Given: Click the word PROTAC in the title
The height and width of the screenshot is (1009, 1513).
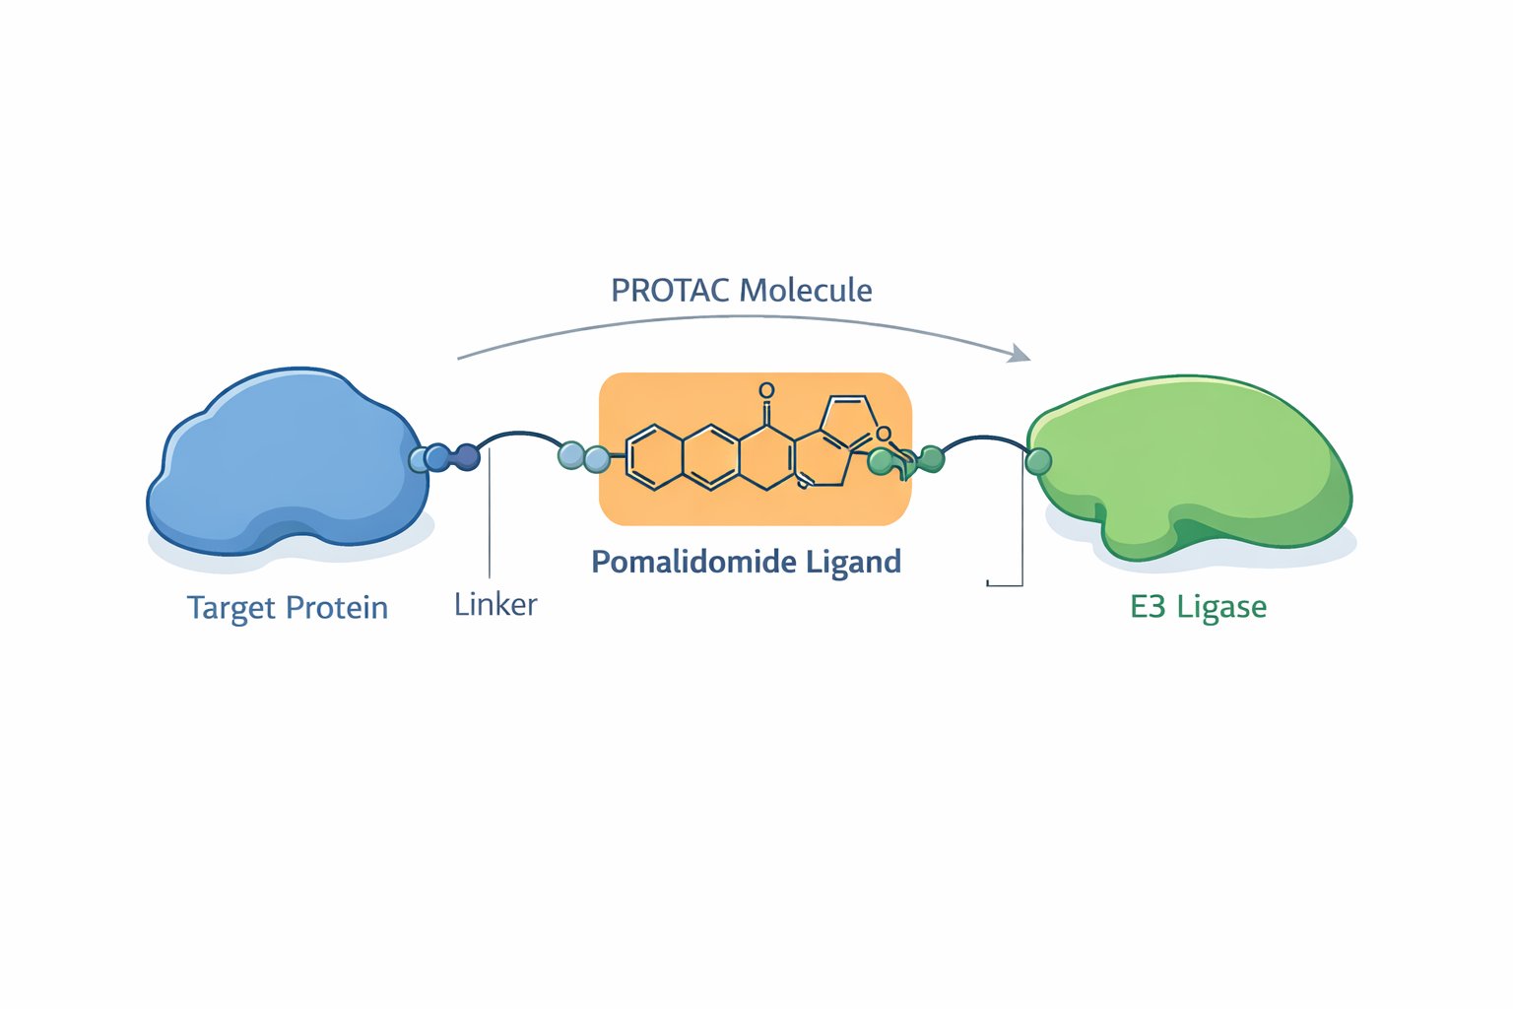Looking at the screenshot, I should (x=671, y=291).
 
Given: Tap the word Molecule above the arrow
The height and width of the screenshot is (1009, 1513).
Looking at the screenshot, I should (x=806, y=291).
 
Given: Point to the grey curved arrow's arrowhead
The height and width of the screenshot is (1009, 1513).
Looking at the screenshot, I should (x=1020, y=354).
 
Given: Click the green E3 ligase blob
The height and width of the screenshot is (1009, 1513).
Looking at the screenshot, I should (x=1192, y=463).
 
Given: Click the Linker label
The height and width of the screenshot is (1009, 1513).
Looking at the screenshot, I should (x=495, y=604).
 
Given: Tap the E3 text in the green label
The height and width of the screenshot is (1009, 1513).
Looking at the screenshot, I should (x=1148, y=606).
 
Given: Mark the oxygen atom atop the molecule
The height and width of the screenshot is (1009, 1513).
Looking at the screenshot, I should (x=766, y=391).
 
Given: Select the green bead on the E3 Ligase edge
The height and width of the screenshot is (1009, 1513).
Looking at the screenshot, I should (x=1038, y=460).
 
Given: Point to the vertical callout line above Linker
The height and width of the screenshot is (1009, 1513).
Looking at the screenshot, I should (x=489, y=522).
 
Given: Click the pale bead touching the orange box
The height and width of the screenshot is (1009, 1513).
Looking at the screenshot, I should (x=596, y=458).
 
